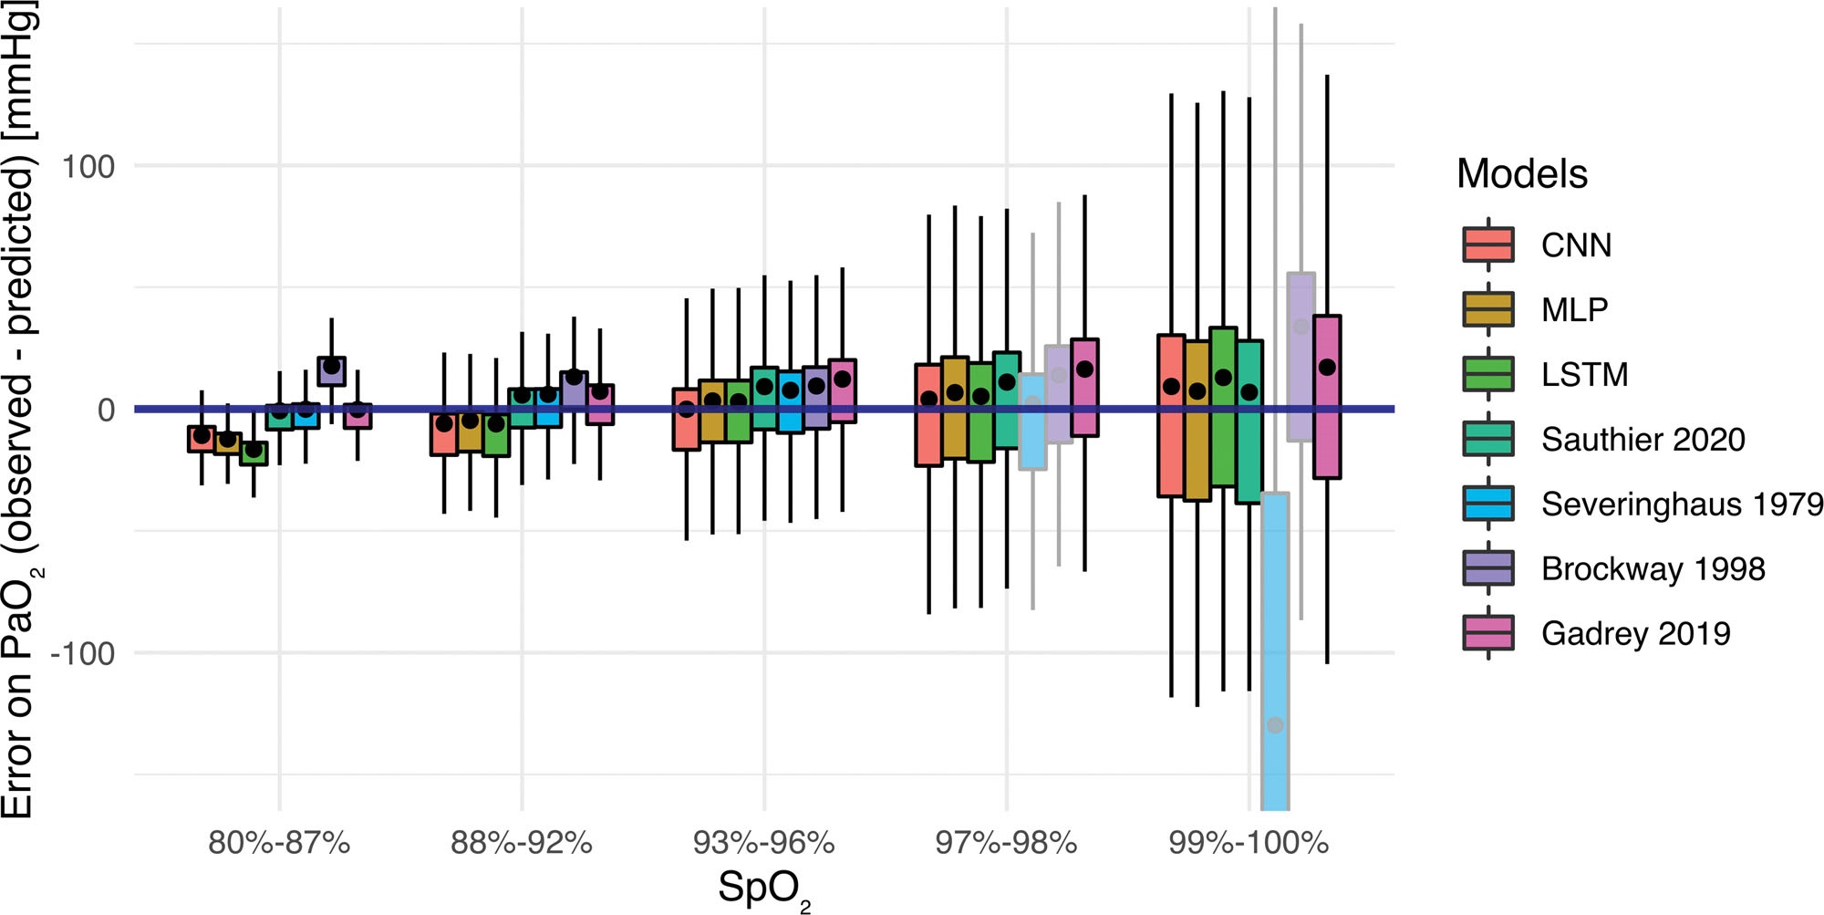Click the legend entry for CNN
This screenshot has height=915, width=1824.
click(x=1575, y=244)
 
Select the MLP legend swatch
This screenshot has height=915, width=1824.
click(x=1487, y=309)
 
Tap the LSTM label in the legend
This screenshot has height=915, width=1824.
click(x=1584, y=374)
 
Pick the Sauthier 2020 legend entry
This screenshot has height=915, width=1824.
click(x=1642, y=439)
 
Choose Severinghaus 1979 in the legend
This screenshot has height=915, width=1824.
click(x=1681, y=504)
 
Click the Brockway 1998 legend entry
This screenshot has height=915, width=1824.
click(x=1653, y=568)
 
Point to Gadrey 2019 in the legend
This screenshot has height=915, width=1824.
click(x=1635, y=633)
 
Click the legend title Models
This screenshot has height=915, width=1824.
click(x=1521, y=173)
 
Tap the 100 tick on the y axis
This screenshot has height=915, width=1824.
click(x=88, y=166)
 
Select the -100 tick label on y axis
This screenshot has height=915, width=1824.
click(x=82, y=653)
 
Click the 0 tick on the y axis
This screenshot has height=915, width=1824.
click(x=106, y=410)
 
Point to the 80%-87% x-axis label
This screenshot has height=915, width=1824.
click(x=279, y=842)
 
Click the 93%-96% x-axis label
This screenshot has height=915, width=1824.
click(x=763, y=842)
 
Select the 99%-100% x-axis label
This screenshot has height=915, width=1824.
click(x=1249, y=842)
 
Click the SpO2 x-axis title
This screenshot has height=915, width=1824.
click(x=763, y=888)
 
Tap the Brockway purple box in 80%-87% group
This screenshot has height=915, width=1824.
click(x=331, y=371)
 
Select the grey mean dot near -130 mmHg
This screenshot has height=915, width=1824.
click(x=1275, y=725)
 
